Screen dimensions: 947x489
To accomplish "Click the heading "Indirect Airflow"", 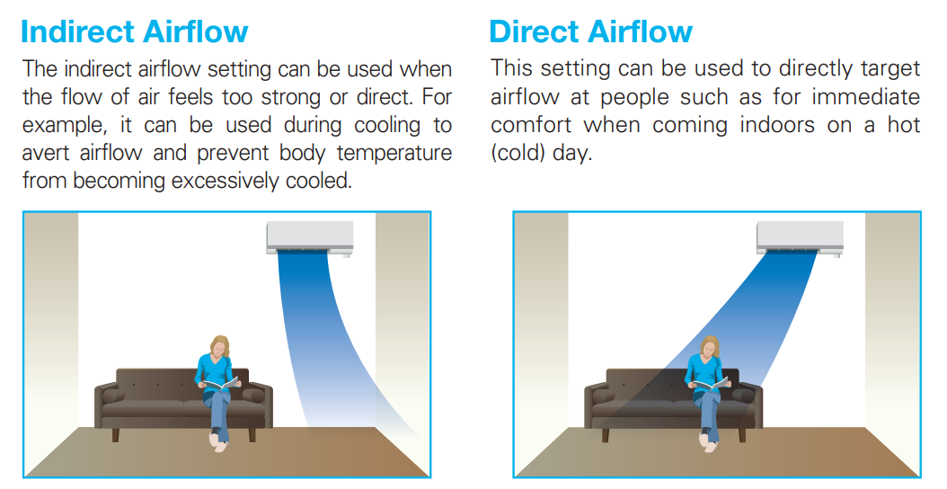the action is tap(134, 31).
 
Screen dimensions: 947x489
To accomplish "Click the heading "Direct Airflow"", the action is tap(590, 31).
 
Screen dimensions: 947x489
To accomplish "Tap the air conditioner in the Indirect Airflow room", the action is tap(310, 238).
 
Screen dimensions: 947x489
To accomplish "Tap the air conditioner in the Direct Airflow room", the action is tap(801, 238).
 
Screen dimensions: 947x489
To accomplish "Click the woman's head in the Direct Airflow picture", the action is tap(710, 346).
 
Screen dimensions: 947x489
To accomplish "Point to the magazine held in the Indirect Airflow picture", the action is tap(221, 383).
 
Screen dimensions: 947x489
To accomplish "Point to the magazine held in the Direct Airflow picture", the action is tap(712, 383).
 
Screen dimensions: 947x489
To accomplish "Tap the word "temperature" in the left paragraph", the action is tap(394, 153).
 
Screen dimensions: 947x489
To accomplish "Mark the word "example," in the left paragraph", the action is tap(65, 125).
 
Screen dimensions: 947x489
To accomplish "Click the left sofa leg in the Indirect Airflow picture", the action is tap(115, 434).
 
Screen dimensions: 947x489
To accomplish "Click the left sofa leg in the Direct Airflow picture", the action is tap(606, 434).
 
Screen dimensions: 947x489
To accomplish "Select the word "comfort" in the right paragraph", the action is tap(531, 125).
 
